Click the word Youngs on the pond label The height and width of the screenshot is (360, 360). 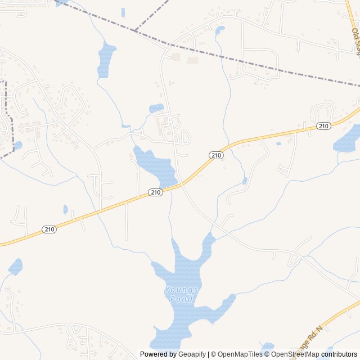(182, 290)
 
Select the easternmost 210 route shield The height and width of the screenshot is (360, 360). (323, 126)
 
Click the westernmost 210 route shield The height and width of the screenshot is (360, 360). (49, 229)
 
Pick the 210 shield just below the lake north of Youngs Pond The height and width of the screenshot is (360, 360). (156, 192)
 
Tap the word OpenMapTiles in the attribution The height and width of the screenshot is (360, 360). (240, 354)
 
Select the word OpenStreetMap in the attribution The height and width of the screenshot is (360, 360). (295, 354)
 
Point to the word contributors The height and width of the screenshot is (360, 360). (339, 354)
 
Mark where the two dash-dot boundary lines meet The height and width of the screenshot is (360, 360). (136, 30)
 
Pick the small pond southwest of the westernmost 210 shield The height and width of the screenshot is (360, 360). (15, 266)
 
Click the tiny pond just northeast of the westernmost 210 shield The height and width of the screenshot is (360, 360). (65, 210)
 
